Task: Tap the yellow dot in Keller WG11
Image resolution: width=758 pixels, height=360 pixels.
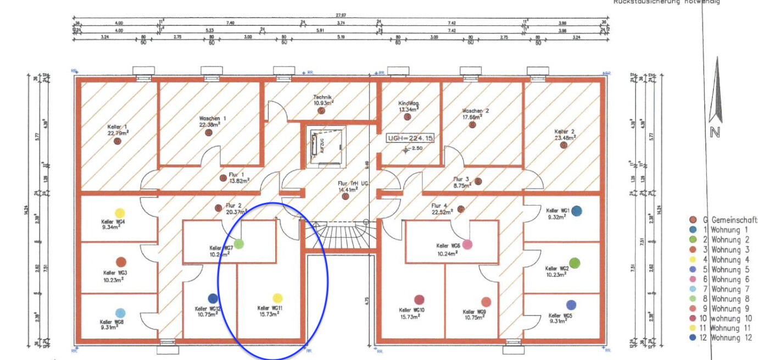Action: tap(277, 298)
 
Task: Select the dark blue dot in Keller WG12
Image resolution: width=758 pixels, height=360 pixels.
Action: tap(213, 298)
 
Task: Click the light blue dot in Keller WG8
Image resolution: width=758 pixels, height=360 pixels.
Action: tap(120, 313)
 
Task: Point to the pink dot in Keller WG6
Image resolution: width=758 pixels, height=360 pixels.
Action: tap(467, 244)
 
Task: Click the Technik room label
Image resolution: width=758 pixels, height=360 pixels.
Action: tap(323, 97)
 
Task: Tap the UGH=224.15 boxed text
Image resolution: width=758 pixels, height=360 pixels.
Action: tap(411, 137)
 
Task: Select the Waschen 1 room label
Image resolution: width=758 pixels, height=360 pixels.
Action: tap(213, 118)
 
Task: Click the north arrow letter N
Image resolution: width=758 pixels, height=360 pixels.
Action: tap(715, 132)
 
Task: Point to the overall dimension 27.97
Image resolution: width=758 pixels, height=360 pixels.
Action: tap(341, 15)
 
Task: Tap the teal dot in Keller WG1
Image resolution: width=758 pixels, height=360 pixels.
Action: tap(576, 211)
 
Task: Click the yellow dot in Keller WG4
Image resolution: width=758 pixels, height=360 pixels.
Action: tap(119, 213)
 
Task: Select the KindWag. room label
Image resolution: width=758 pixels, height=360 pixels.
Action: tap(409, 103)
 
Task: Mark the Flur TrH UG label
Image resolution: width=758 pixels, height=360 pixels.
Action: tap(348, 184)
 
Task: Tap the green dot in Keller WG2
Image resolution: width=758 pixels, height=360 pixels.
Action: tap(575, 263)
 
